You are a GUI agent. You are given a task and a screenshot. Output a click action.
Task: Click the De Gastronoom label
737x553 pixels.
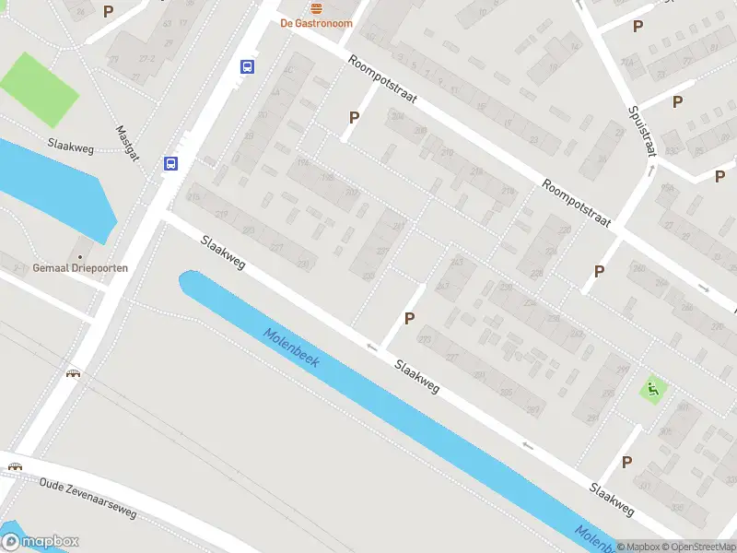316,23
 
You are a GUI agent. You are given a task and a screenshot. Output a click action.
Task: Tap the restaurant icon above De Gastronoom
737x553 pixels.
317,7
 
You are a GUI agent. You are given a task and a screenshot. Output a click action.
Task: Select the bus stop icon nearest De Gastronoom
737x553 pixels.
248,66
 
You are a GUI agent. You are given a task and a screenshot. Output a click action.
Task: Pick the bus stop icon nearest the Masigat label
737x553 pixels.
170,164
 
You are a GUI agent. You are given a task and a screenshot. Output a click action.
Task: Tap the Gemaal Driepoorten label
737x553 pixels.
80,268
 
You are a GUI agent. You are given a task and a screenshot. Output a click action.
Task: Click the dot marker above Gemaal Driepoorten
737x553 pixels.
80,256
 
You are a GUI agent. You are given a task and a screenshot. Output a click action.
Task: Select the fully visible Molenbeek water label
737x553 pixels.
290,348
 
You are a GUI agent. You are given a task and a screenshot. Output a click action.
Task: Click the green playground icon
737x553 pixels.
654,389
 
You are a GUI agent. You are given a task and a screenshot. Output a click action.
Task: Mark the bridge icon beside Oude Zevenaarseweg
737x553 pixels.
15,465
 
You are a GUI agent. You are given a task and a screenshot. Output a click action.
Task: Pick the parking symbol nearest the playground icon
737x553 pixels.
627,462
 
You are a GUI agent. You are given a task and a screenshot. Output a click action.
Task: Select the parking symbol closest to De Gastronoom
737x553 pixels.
354,118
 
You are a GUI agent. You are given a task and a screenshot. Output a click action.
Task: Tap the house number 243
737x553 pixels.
458,263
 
